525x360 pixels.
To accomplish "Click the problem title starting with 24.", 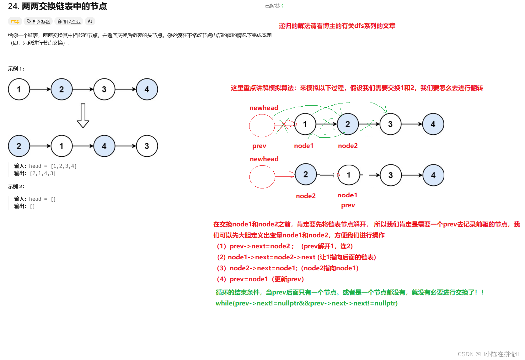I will tap(57, 6).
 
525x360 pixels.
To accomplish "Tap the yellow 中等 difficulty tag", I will tap(15, 21).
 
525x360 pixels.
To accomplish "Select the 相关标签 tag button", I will tap(38, 21).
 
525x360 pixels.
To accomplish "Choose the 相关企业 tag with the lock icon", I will tap(69, 21).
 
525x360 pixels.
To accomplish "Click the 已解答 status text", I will tap(272, 6).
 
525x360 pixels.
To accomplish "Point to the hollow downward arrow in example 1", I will tap(83, 116).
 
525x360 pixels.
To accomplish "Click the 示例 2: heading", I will tap(16, 186).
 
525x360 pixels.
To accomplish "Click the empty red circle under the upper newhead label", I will tap(262, 125).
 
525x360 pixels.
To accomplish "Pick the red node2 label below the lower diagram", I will tap(306, 196).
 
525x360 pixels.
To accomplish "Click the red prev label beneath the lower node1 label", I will tap(348, 205).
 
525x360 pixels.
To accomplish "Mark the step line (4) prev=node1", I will tap(260, 279).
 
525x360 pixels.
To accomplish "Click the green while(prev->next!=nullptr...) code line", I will tap(306, 303).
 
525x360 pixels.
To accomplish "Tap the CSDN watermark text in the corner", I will tap(489, 354).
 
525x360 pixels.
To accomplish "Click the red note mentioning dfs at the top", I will tap(337, 26).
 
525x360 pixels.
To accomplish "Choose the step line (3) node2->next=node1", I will tap(287, 268).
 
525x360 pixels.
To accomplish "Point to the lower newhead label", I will tap(264, 159).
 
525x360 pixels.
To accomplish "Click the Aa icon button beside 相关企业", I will tap(90, 21).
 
